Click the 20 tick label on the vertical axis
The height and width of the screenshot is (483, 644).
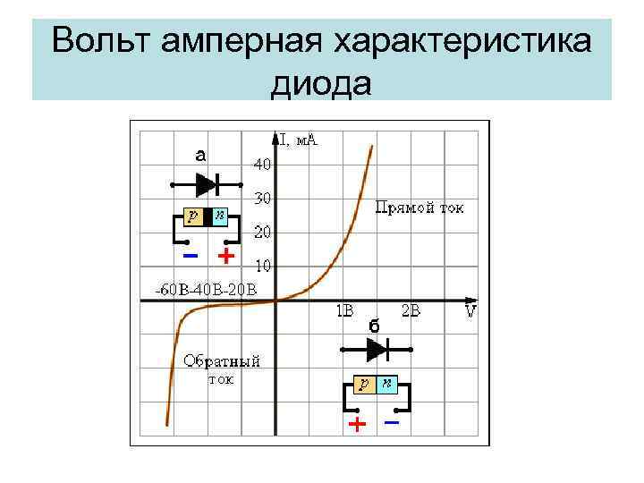pyautogui.click(x=263, y=232)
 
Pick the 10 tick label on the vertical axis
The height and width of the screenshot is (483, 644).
pyautogui.click(x=264, y=266)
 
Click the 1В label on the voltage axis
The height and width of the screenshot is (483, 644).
pyautogui.click(x=344, y=311)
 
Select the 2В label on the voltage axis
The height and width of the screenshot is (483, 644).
pyautogui.click(x=411, y=311)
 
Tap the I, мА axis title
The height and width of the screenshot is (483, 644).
pyautogui.click(x=299, y=140)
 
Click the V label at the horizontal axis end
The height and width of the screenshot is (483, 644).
pyautogui.click(x=470, y=312)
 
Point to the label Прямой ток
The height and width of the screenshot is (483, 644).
pyautogui.click(x=419, y=208)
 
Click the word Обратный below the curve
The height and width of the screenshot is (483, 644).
pyautogui.click(x=222, y=361)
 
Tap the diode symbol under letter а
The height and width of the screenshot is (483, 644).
pyautogui.click(x=207, y=185)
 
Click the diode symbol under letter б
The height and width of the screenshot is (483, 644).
pyautogui.click(x=376, y=350)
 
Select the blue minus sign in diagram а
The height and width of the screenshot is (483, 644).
pyautogui.click(x=190, y=256)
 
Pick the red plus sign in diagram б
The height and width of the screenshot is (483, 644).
pyautogui.click(x=357, y=423)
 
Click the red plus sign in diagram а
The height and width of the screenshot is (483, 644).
pyautogui.click(x=226, y=257)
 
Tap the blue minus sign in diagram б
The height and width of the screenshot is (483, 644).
pyautogui.click(x=391, y=420)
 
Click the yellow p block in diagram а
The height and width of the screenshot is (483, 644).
pyautogui.click(x=191, y=216)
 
